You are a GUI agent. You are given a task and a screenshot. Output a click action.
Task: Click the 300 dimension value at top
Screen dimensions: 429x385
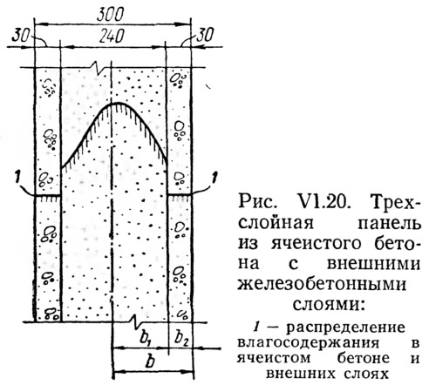pyautogui.click(x=111, y=14)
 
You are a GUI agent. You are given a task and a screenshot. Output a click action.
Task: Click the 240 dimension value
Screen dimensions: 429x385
pyautogui.click(x=112, y=37)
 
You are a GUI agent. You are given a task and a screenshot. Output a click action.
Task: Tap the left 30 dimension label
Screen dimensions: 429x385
pyautogui.click(x=21, y=36)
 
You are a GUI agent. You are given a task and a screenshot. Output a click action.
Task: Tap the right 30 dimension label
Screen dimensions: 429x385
pyautogui.click(x=205, y=36)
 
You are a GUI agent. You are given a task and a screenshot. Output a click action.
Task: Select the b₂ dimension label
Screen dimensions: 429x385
pyautogui.click(x=181, y=337)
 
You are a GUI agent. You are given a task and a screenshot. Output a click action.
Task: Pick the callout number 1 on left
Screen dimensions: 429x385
pyautogui.click(x=17, y=178)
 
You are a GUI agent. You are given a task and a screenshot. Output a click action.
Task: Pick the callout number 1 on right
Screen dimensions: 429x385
pyautogui.click(x=214, y=178)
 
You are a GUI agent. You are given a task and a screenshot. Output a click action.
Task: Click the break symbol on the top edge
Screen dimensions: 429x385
pyautogui.click(x=98, y=68)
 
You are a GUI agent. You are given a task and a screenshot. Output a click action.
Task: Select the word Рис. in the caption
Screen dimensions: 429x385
pyautogui.click(x=256, y=202)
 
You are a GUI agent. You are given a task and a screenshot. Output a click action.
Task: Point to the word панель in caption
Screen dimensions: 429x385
pyautogui.click(x=389, y=224)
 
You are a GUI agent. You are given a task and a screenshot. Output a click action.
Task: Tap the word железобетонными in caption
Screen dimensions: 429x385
pyautogui.click(x=322, y=285)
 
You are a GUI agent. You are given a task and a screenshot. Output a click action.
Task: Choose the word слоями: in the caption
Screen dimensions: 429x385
pyautogui.click(x=329, y=305)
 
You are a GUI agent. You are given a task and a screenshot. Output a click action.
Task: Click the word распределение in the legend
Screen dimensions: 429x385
pyautogui.click(x=345, y=328)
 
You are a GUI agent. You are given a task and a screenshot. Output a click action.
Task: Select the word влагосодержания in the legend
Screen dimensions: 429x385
pyautogui.click(x=308, y=343)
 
